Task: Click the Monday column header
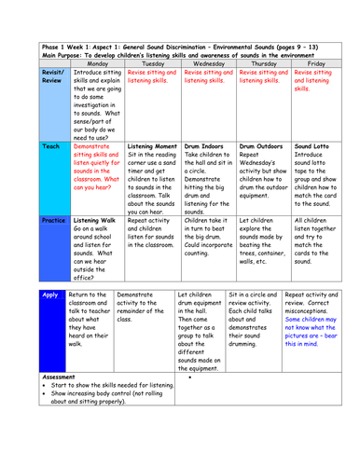pos(95,63)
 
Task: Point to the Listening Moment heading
pos(151,147)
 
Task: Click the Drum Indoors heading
pos(203,147)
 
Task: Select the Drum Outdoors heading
pos(259,147)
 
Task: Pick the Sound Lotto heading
pos(312,147)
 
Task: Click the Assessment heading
pos(63,377)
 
